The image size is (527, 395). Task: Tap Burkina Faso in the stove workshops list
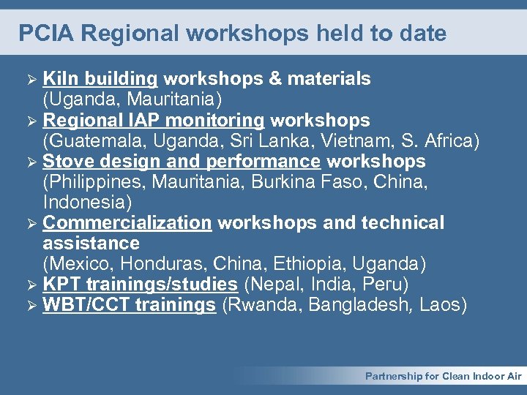pyautogui.click(x=305, y=181)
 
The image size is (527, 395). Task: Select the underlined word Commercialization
pyautogui.click(x=127, y=222)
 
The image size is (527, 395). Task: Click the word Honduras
pyautogui.click(x=160, y=263)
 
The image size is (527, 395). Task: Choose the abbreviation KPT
pyautogui.click(x=60, y=284)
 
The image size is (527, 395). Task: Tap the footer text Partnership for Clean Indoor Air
pyautogui.click(x=444, y=376)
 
